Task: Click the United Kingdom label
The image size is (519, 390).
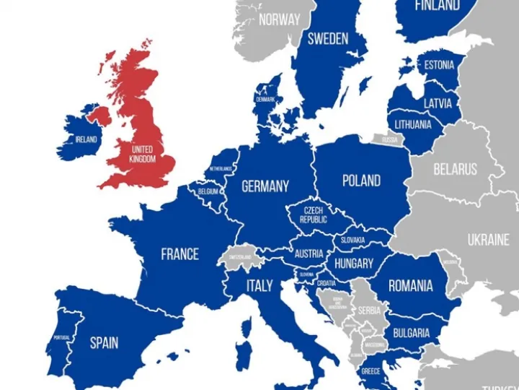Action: tap(142, 154)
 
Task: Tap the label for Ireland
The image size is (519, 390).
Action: tap(86, 139)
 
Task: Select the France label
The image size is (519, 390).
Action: tap(179, 254)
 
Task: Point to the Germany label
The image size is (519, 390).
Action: tap(265, 186)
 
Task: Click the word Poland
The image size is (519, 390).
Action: tap(361, 181)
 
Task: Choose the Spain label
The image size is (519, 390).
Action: tap(104, 342)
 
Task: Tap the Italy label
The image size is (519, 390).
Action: tap(259, 285)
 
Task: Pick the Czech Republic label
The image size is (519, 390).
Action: tap(314, 214)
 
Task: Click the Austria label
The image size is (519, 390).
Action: tap(309, 253)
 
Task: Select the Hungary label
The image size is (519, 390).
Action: tap(354, 264)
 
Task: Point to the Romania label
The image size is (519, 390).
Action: tap(411, 286)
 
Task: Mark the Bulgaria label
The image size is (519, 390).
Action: tap(411, 333)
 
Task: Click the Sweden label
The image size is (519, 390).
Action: tap(328, 39)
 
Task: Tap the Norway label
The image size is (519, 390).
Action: tap(279, 19)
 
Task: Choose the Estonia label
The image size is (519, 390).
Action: tap(439, 65)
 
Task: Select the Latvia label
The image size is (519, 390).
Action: tap(437, 103)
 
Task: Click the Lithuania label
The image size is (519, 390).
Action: tap(413, 124)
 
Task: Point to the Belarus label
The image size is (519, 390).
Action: tap(455, 170)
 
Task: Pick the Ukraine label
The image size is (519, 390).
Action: tap(488, 240)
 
